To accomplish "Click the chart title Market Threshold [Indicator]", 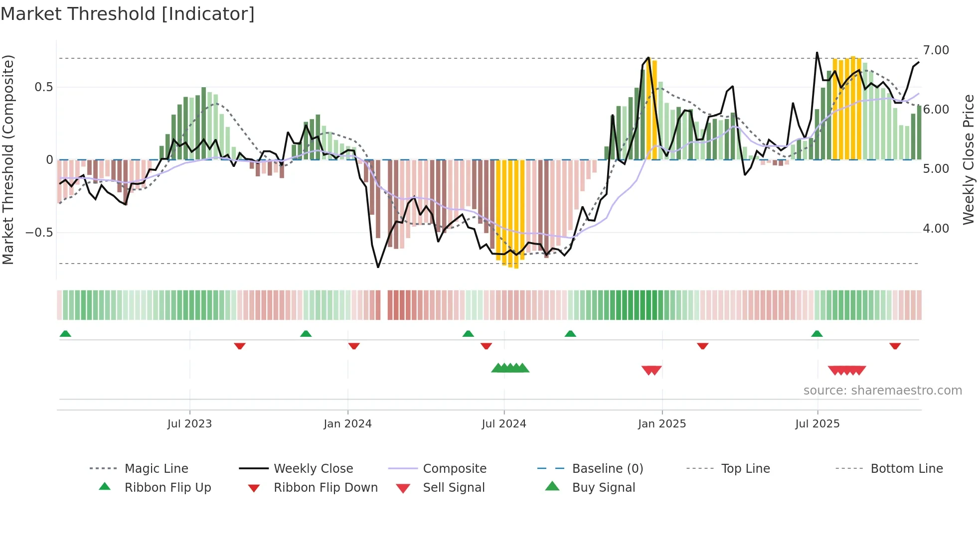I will [128, 14].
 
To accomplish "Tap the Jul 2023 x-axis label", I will [189, 424].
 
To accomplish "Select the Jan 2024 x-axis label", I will [347, 424].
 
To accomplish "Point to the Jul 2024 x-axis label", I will [504, 424].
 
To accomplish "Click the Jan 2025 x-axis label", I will [662, 424].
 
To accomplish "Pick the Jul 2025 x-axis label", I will [817, 424].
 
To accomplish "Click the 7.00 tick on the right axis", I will [936, 50].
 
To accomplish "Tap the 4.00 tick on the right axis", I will [936, 229].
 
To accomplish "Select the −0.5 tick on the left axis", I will [39, 233].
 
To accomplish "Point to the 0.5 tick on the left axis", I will [43, 87].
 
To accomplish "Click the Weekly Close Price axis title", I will [968, 159].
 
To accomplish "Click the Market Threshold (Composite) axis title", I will [8, 159].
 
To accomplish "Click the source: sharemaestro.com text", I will [882, 391].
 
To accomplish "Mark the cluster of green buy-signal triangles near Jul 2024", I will [510, 368].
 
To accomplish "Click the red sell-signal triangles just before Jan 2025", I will [651, 370].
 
